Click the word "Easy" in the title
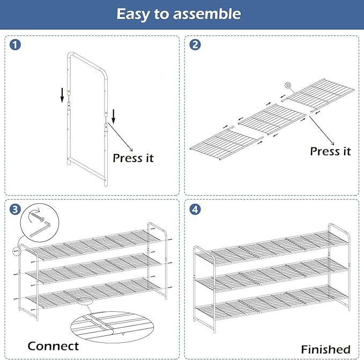133,14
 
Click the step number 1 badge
16,45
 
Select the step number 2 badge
195,45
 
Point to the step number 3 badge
16,209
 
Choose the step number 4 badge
195,209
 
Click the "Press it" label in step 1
133,158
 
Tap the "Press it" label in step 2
330,151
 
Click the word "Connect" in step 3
53,346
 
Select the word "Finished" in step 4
325,349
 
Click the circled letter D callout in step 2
288,85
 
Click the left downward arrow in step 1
62,95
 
